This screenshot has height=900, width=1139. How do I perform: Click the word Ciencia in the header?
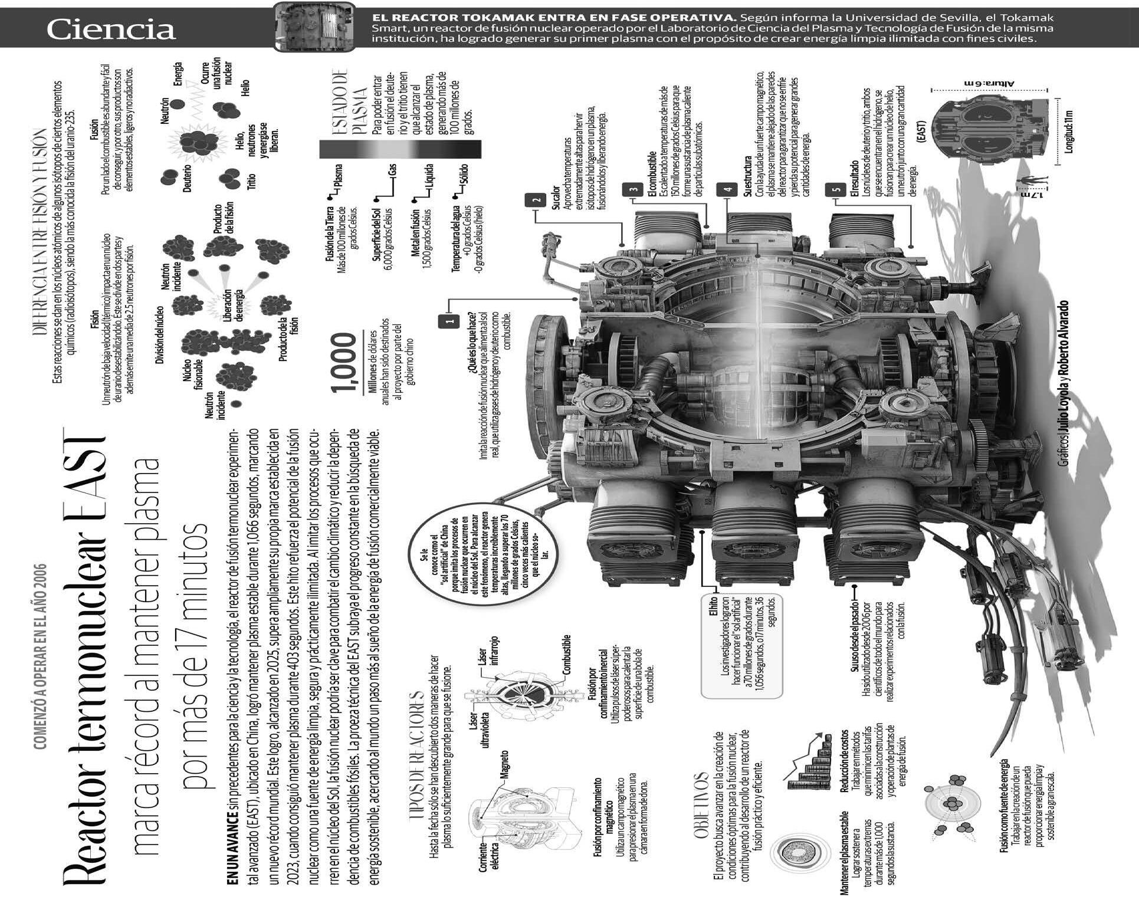click(111, 29)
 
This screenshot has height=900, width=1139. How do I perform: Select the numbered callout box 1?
click(449, 320)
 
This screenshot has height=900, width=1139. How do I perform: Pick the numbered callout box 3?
click(633, 189)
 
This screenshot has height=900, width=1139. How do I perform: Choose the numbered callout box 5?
click(835, 189)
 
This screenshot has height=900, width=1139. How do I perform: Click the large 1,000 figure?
click(345, 362)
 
